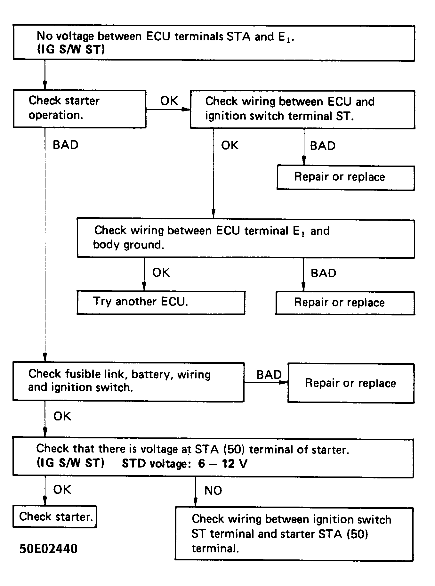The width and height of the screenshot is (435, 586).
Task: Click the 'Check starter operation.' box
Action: (x=79, y=109)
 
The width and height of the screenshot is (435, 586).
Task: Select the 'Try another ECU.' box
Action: (x=161, y=302)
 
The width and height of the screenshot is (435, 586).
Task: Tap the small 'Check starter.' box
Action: (x=55, y=516)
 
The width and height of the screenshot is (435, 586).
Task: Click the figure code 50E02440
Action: (x=48, y=549)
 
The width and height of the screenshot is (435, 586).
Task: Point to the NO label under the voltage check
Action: (x=213, y=490)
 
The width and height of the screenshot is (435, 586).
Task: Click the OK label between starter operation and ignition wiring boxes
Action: (x=169, y=101)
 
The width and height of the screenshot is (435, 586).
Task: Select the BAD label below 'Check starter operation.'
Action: (x=65, y=145)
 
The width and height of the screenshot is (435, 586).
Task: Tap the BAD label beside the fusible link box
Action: (x=269, y=374)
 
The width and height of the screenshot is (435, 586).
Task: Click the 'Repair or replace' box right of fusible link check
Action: (x=350, y=383)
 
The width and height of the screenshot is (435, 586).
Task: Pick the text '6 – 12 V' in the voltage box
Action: (x=223, y=463)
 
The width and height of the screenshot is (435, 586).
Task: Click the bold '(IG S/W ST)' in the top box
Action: (x=71, y=50)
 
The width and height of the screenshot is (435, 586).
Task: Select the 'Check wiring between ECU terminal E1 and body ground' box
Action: (x=246, y=238)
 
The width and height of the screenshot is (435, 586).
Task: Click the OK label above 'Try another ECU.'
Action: (x=161, y=273)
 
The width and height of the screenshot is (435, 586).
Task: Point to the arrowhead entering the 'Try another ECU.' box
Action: (x=144, y=286)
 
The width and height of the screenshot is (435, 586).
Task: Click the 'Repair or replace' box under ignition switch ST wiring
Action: (x=345, y=177)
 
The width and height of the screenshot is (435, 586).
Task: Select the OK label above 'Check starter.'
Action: (x=62, y=489)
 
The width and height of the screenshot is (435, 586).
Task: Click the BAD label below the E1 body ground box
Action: (x=323, y=273)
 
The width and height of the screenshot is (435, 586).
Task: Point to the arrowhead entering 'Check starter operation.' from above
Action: (x=45, y=86)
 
